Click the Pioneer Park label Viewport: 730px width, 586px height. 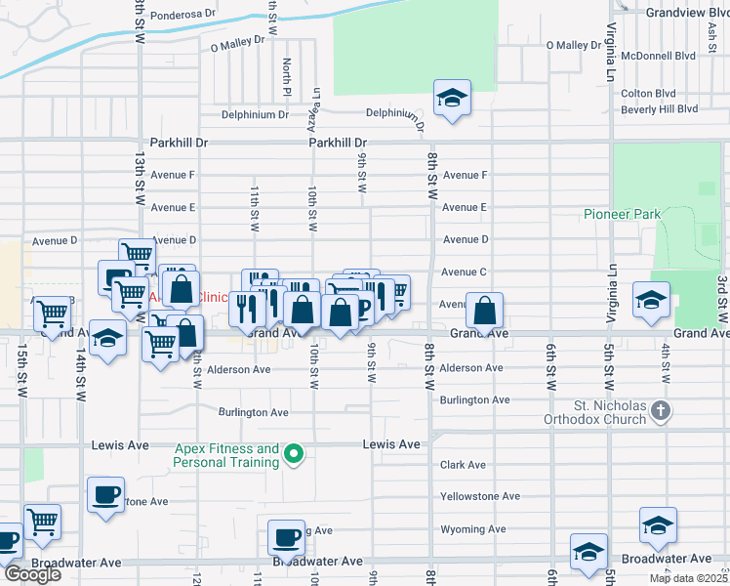622,214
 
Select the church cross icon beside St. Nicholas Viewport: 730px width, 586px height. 661,411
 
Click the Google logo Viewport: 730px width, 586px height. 32,574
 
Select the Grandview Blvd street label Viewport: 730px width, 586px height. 687,12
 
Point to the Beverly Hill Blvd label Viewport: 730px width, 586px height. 660,109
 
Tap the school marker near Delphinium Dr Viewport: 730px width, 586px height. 452,98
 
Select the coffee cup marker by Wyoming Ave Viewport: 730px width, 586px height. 287,536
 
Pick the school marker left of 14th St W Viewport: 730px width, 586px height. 107,338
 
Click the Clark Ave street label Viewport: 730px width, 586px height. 463,465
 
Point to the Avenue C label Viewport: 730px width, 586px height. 465,272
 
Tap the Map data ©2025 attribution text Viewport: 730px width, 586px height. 688,578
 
